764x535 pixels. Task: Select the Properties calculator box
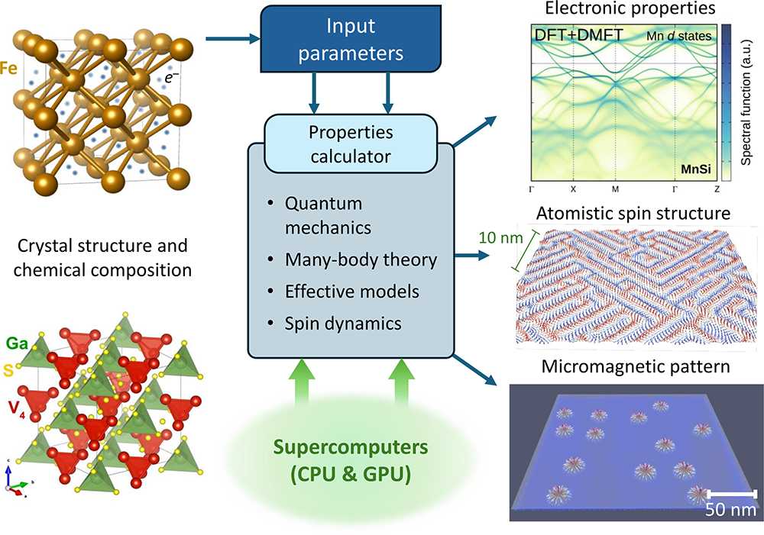point(351,144)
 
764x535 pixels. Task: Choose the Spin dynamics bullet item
point(343,323)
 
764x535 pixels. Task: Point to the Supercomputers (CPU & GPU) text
point(351,459)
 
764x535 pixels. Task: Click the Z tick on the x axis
point(717,188)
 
